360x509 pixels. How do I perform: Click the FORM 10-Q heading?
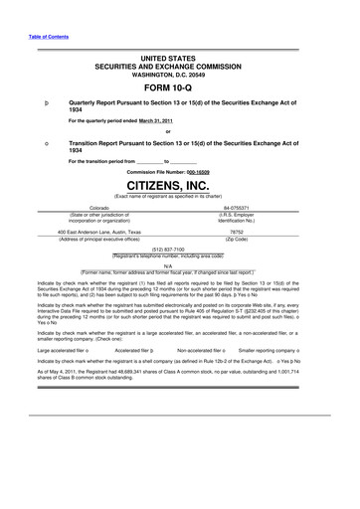coord(180,84)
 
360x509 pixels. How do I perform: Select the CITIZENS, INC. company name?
coord(180,185)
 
